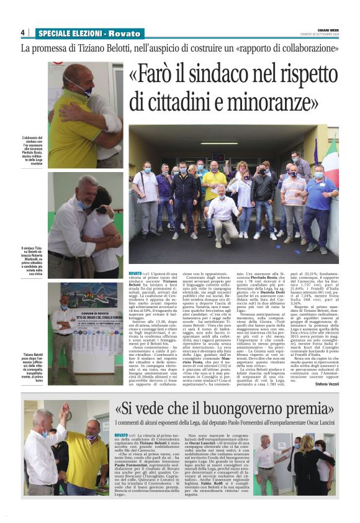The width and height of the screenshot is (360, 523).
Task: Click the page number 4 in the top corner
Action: [x=22, y=32]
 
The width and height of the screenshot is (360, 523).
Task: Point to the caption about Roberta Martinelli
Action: [x=32, y=259]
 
